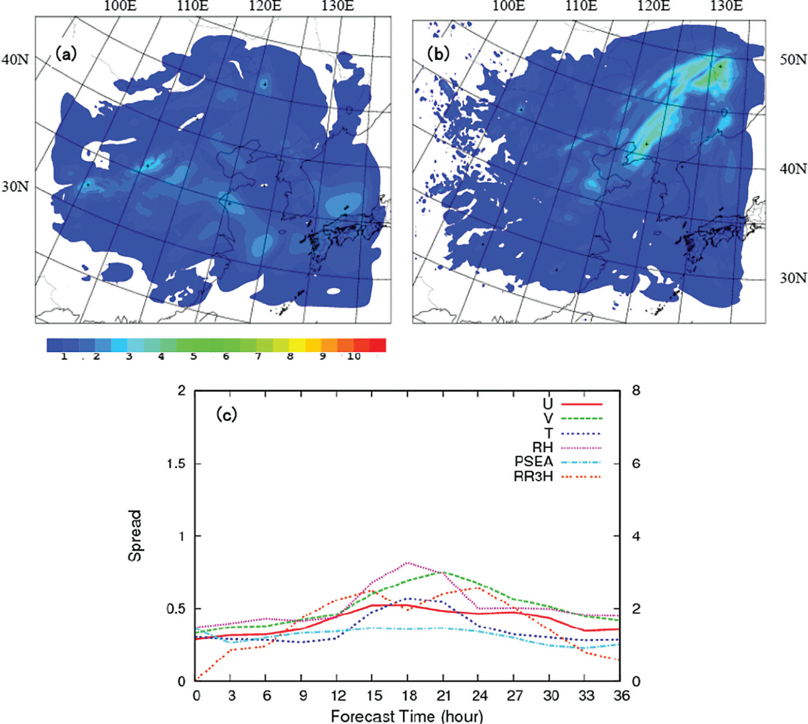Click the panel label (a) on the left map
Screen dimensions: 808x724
coord(66,54)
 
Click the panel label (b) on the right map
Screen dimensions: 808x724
coord(439,54)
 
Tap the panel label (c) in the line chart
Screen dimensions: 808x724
coord(226,414)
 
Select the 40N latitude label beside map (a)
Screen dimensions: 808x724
coord(15,60)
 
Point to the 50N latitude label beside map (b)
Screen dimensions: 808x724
coord(793,60)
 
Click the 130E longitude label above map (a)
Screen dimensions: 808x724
coord(337,6)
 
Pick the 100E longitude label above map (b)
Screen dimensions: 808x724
coord(508,6)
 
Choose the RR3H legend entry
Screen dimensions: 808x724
coord(557,477)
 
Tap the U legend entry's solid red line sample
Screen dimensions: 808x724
coord(582,404)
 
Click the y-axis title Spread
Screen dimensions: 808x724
coord(135,536)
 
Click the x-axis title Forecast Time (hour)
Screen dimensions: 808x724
coord(407,716)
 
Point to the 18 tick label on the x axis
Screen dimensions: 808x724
coord(408,695)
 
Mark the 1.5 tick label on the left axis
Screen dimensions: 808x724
coord(175,464)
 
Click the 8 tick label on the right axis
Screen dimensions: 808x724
coord(636,391)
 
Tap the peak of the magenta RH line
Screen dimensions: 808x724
coord(408,563)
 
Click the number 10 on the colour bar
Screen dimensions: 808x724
coord(353,357)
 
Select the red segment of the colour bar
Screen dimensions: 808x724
coord(377,345)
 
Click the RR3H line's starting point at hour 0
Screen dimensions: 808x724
coord(196,680)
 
